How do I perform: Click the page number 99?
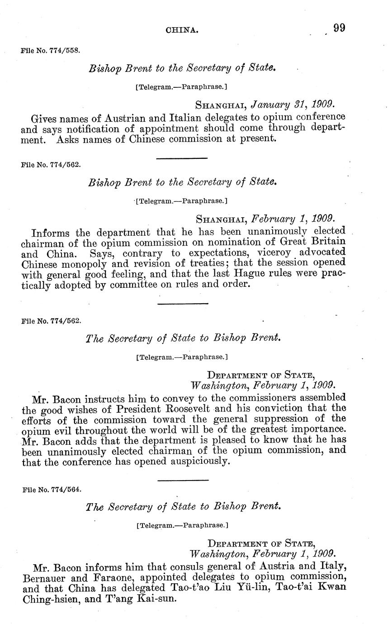click(x=339, y=28)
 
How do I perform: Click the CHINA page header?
click(x=182, y=30)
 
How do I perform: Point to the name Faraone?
click(x=120, y=577)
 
